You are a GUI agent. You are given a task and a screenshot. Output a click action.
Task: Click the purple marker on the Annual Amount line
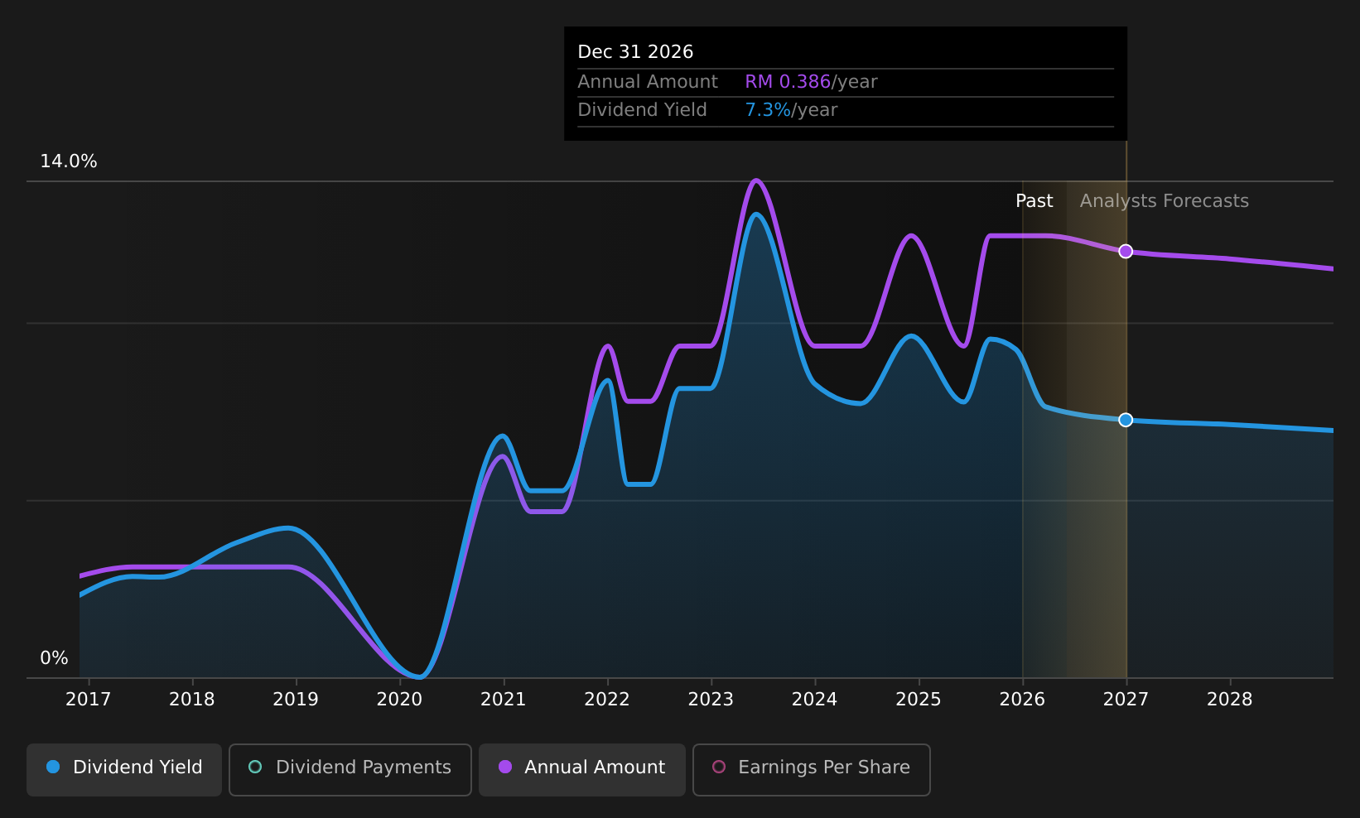[1126, 251]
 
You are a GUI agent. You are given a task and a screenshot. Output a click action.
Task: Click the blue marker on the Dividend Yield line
[1126, 420]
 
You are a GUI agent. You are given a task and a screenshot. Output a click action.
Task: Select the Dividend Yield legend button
[124, 769]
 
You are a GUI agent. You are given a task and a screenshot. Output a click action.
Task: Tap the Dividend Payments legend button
[350, 769]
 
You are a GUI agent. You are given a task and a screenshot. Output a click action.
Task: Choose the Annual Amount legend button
[582, 769]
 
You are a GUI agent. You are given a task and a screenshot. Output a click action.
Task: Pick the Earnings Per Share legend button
[812, 769]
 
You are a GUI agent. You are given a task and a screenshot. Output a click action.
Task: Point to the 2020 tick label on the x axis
[399, 700]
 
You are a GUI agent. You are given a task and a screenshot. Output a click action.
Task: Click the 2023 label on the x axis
[711, 700]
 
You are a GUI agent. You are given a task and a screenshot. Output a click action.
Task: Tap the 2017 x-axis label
[89, 700]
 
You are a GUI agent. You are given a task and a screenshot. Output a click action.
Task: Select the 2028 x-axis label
[1230, 700]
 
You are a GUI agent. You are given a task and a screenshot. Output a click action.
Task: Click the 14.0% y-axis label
[69, 161]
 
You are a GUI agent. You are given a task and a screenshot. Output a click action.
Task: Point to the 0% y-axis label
[54, 658]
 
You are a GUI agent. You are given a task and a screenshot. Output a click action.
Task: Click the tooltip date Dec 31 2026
[635, 52]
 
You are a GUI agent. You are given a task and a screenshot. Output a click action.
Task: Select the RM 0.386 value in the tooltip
[788, 81]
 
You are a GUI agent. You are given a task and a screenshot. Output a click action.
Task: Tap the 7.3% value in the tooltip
[768, 110]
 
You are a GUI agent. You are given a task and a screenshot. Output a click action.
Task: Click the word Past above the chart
[1034, 201]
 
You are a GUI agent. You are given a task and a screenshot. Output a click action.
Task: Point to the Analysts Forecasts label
[1165, 201]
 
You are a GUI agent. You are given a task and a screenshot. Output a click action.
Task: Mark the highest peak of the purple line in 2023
[756, 180]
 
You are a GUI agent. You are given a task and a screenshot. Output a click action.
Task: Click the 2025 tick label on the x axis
[919, 700]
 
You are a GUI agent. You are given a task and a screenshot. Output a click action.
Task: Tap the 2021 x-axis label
[504, 700]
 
